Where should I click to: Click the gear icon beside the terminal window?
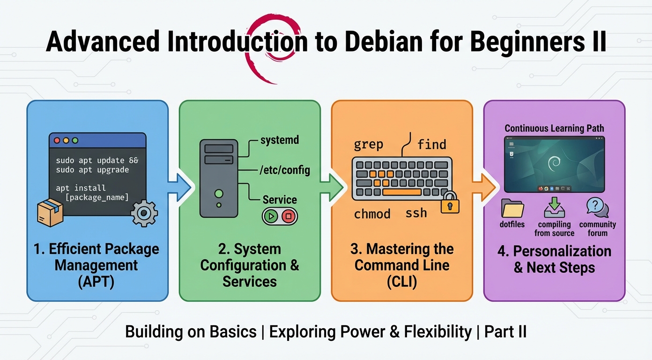tap(144, 213)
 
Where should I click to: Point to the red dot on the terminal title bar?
tap(57, 140)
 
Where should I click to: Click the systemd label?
tap(279, 140)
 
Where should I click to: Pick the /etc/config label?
tap(284, 170)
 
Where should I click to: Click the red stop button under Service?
tap(289, 217)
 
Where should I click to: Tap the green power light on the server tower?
tap(218, 193)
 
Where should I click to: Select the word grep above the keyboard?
tap(368, 144)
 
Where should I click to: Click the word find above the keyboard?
tap(431, 144)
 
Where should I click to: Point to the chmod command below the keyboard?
tap(372, 214)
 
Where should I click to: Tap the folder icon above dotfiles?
tap(512, 208)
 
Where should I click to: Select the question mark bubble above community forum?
tap(596, 207)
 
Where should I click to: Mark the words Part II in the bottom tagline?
tap(505, 332)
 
